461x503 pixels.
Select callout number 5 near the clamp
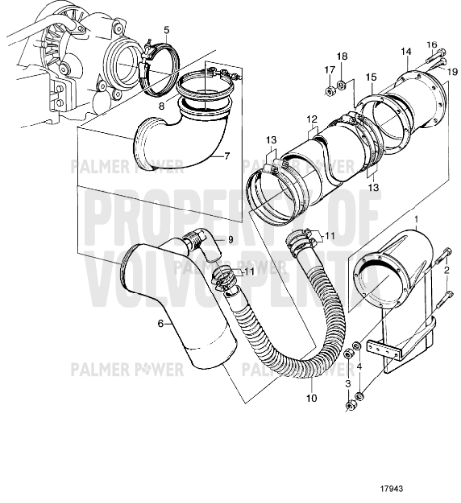167,32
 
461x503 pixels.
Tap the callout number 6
159,322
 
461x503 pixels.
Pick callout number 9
230,240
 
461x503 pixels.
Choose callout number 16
430,45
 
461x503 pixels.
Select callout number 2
449,268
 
